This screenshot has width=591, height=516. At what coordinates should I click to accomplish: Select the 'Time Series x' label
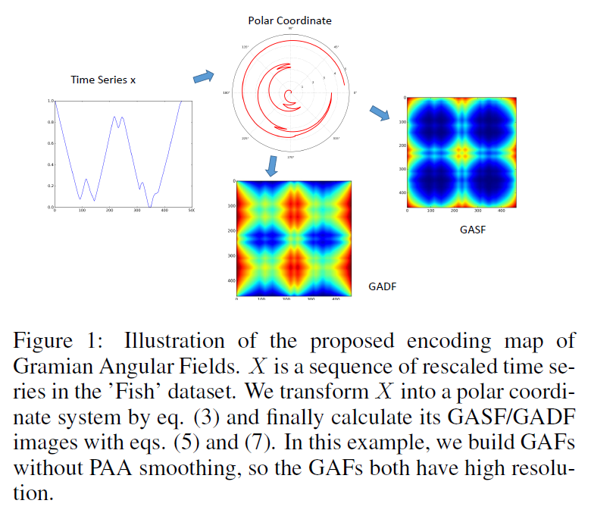point(104,80)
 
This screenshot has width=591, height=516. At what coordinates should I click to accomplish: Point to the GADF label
point(383,287)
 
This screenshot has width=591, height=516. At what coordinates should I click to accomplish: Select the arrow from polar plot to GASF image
point(379,113)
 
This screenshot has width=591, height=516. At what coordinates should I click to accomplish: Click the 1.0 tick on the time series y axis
point(51,101)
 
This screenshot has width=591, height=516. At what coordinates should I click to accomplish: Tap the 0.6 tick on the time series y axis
point(51,143)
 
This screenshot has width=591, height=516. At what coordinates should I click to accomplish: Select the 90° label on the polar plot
point(290,29)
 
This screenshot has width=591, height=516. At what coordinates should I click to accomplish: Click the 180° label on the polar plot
point(226,93)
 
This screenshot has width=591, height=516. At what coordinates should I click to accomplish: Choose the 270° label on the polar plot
point(289,157)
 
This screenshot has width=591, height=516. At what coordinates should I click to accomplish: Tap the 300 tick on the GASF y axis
point(402,169)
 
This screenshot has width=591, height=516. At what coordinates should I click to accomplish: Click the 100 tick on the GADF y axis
point(233,207)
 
